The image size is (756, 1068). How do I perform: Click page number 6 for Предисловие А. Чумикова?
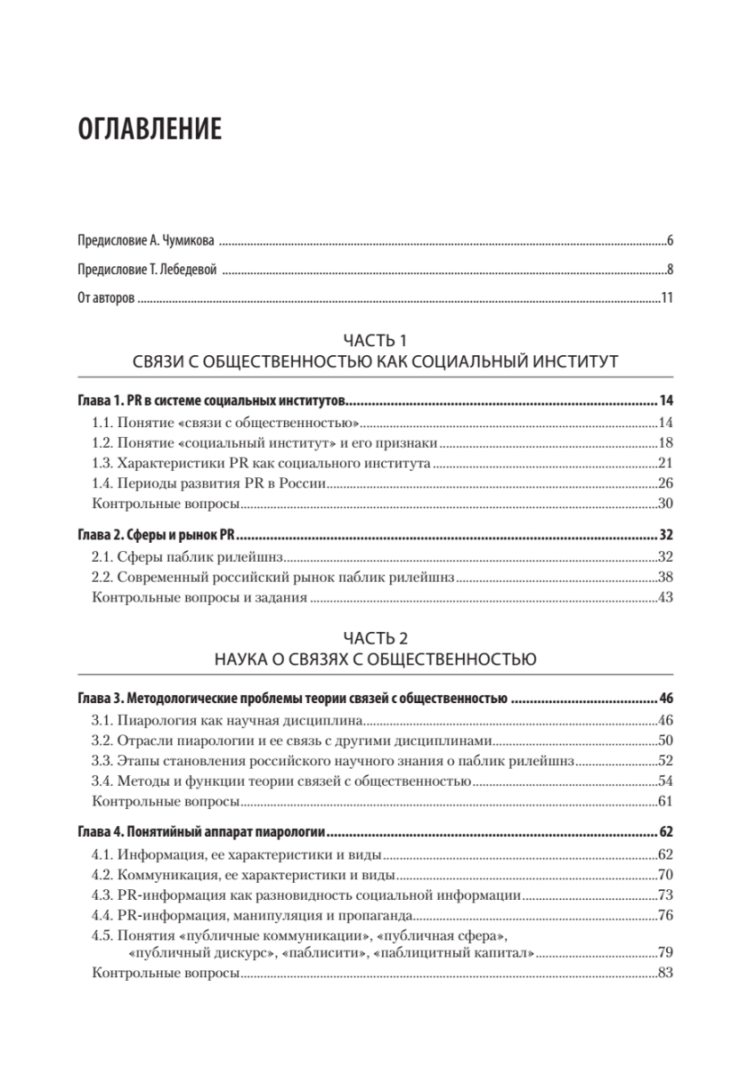(669, 241)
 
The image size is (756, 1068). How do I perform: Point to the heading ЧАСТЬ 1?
(374, 340)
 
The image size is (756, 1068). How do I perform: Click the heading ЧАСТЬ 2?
(374, 638)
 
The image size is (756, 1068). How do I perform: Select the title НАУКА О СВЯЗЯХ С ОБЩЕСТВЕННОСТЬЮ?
(374, 659)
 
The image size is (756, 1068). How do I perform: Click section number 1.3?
(103, 464)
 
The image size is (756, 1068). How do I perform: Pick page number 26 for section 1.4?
(664, 484)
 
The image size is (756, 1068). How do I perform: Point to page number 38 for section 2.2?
(664, 578)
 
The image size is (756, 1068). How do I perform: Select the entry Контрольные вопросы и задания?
(200, 599)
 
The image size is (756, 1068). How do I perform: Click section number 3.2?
(103, 740)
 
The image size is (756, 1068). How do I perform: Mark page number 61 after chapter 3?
(664, 802)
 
